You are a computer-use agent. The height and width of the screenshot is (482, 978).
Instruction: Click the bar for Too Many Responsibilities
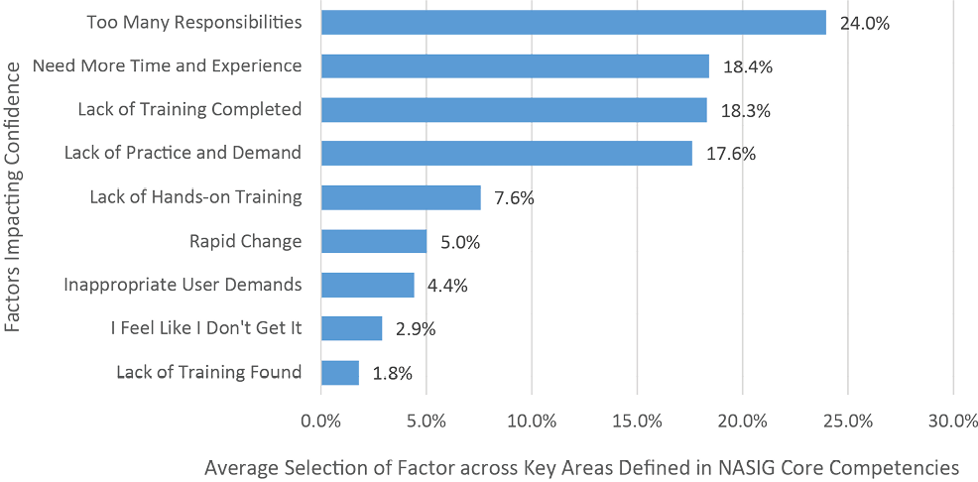(x=573, y=22)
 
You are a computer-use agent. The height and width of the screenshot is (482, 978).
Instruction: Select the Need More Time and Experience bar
(x=515, y=66)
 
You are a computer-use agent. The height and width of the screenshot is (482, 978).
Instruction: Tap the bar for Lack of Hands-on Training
(x=401, y=197)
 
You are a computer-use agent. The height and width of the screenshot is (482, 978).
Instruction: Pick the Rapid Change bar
(x=374, y=241)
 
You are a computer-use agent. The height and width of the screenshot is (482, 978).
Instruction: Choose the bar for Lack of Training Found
(x=340, y=372)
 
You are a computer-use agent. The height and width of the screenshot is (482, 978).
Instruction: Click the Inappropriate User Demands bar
(x=368, y=285)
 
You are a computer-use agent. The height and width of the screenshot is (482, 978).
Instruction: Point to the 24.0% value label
(x=864, y=23)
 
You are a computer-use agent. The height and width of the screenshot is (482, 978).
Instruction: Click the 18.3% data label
(x=745, y=110)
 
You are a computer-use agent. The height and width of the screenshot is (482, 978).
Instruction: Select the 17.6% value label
(x=730, y=154)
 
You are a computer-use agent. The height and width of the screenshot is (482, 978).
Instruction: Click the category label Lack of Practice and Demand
(x=183, y=153)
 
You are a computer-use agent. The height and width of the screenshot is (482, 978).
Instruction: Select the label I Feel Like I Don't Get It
(x=206, y=328)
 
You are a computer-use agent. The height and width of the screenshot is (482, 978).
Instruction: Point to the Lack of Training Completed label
(x=189, y=109)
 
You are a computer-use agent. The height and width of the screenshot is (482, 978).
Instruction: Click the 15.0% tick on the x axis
(x=637, y=421)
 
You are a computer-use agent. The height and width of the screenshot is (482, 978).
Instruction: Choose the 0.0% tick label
(x=321, y=421)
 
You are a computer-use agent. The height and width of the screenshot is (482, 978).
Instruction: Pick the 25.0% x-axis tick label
(x=847, y=421)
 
